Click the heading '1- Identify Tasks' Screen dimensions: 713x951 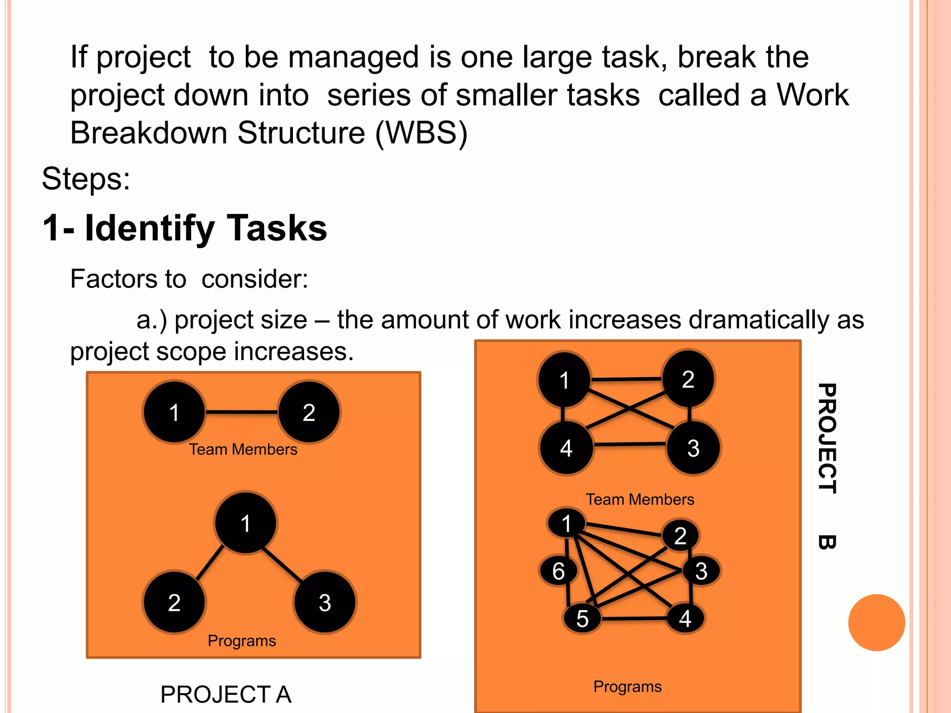click(x=184, y=228)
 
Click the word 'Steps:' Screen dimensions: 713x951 click(x=86, y=179)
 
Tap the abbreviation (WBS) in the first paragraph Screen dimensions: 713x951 click(x=421, y=133)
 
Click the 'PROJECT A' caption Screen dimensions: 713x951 click(x=226, y=694)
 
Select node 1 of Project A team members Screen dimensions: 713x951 click(x=174, y=412)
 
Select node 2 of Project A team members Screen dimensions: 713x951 click(x=309, y=412)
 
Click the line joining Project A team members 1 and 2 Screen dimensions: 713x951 click(x=241, y=412)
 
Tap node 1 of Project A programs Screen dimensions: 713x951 click(x=246, y=523)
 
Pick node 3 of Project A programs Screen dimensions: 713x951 click(x=325, y=603)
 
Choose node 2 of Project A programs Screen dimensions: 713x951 click(x=174, y=603)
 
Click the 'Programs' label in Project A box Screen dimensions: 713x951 click(x=241, y=641)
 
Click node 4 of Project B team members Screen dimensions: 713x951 click(x=566, y=448)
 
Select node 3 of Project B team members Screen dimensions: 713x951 click(x=693, y=448)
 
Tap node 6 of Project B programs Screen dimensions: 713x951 click(x=558, y=571)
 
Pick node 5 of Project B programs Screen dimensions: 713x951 click(x=582, y=618)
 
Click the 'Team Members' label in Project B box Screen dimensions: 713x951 click(x=640, y=499)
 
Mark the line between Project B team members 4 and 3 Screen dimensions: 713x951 click(x=630, y=445)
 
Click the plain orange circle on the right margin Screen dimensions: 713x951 click(x=876, y=622)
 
